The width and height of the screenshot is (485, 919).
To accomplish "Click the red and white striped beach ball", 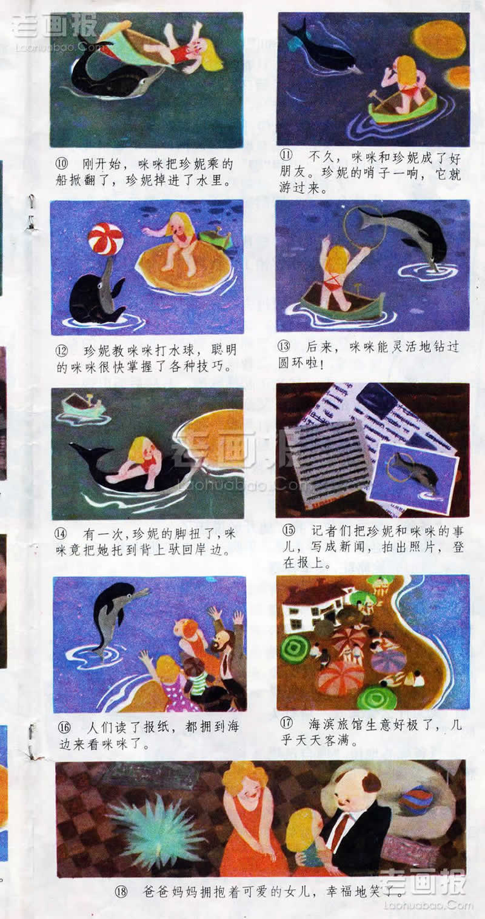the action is pyautogui.click(x=105, y=239).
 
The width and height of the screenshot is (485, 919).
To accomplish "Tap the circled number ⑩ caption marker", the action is pyautogui.click(x=62, y=164).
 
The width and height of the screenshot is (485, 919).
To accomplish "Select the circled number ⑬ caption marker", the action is pyautogui.click(x=284, y=346).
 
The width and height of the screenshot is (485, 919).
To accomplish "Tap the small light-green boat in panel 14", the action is pyautogui.click(x=82, y=404).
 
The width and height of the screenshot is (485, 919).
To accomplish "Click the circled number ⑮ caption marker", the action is pyautogui.click(x=289, y=530).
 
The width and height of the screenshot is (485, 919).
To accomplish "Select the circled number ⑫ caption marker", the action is pyautogui.click(x=62, y=351).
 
